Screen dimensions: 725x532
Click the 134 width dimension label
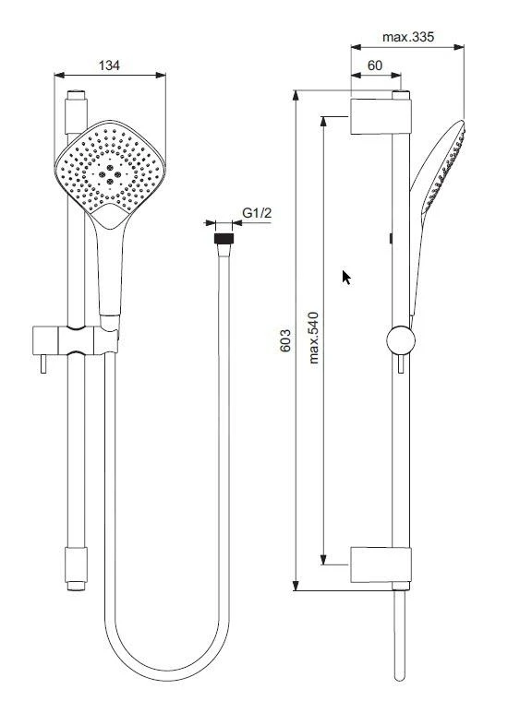[110, 65]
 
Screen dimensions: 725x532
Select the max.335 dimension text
[407, 38]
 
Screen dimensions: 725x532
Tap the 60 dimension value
[375, 65]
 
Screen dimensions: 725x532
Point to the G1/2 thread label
[257, 214]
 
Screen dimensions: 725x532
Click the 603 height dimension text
[285, 340]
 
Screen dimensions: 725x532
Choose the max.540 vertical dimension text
[314, 338]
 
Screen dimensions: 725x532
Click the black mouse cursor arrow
[346, 278]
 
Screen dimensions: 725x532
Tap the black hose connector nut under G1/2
[222, 237]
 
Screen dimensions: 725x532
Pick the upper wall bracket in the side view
[378, 115]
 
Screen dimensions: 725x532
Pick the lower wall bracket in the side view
[378, 565]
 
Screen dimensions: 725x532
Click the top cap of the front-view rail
[76, 94]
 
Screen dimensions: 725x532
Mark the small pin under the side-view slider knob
[401, 366]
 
